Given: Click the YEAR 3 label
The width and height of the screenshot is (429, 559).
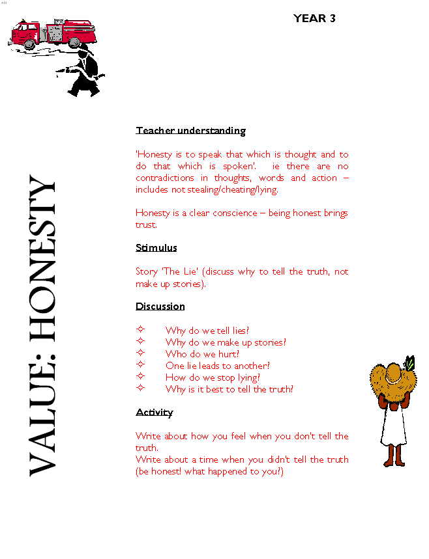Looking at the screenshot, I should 314,19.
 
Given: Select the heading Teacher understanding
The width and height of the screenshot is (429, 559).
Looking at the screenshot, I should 190,131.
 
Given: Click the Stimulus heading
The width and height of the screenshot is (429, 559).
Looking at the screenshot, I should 156,248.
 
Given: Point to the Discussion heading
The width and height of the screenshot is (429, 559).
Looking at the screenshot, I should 160,307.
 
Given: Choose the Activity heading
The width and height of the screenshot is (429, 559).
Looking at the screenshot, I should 154,413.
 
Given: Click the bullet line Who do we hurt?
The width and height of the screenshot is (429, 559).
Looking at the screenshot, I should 202,354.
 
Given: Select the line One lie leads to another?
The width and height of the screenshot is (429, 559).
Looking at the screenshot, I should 217,366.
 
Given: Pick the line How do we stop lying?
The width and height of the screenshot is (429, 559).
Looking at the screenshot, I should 213,377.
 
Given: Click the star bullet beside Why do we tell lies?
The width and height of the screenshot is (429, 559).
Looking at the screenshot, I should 140,331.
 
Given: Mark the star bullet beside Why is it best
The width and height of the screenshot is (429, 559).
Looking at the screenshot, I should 140,389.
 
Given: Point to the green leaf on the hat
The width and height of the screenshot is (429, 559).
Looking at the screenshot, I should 409,362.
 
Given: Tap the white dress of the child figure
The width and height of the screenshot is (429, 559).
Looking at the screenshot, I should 393,426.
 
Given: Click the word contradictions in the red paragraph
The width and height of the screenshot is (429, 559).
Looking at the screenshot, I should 164,178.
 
